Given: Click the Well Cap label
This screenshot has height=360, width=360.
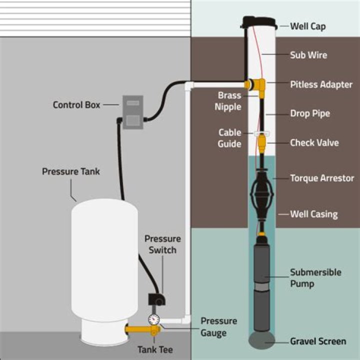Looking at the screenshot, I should [308, 25].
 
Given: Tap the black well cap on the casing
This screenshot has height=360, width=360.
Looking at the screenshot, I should [259, 22].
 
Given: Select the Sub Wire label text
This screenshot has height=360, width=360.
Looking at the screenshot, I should [308, 55].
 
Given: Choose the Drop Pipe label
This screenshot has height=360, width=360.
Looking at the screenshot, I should [310, 113].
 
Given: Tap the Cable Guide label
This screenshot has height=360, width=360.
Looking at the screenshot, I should [229, 138].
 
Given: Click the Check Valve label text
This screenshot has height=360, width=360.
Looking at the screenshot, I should [314, 142].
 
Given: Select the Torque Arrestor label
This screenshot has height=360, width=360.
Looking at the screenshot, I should [322, 178].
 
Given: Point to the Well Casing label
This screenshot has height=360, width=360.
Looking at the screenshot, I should [314, 214].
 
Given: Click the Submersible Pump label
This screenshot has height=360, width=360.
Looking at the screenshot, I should [315, 278].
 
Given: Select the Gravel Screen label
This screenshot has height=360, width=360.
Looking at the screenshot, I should [318, 341].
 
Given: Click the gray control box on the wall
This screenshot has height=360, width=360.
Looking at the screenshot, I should [132, 112].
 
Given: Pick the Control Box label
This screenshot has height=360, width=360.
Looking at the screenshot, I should [76, 105].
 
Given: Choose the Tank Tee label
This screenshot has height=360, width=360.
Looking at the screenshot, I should [155, 349].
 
